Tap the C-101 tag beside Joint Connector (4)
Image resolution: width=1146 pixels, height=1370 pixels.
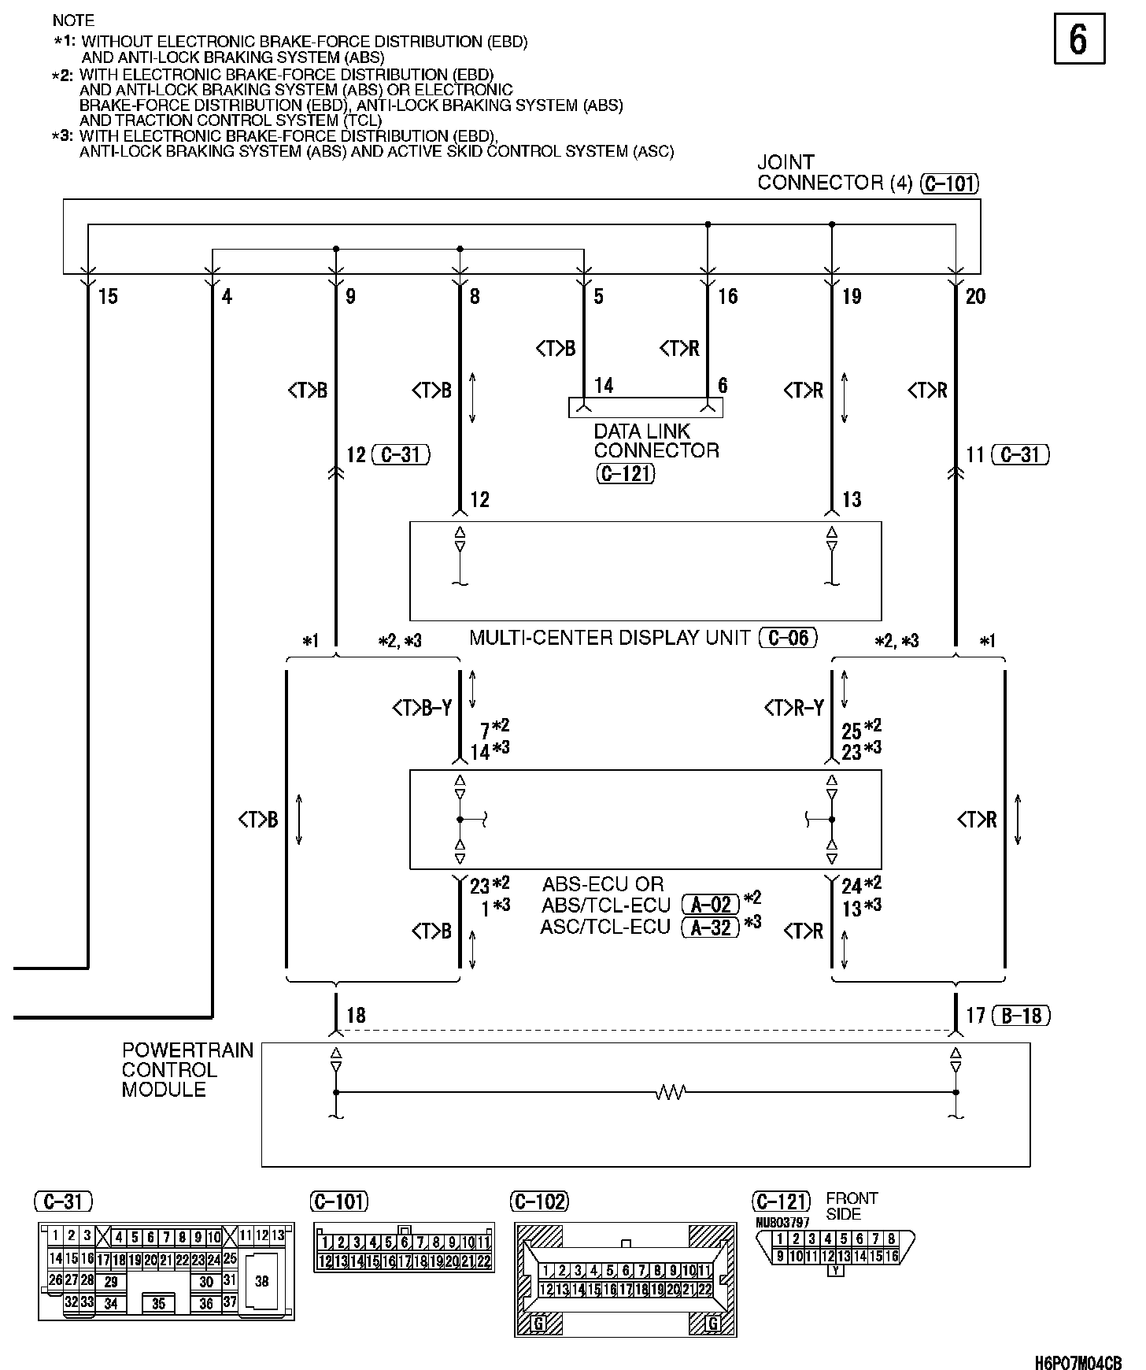click(948, 184)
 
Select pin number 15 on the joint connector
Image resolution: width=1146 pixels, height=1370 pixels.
click(108, 297)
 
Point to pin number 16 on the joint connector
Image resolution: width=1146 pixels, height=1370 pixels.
click(727, 297)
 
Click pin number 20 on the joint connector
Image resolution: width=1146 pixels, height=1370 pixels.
click(975, 297)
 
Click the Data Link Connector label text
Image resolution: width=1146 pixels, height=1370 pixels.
click(656, 441)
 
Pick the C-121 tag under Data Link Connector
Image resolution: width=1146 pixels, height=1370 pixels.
click(625, 474)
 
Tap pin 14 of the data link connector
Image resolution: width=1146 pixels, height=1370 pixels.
click(604, 386)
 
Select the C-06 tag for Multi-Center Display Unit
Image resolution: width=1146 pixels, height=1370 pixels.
click(788, 638)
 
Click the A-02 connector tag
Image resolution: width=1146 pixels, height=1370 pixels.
click(711, 905)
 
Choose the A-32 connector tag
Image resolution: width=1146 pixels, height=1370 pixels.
click(711, 928)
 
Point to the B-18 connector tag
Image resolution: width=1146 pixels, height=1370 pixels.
click(1021, 1016)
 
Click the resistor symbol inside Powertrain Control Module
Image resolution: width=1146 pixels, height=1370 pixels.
click(671, 1092)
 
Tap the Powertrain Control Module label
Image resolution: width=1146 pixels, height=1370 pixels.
click(187, 1070)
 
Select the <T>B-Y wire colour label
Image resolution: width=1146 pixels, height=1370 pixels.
click(422, 709)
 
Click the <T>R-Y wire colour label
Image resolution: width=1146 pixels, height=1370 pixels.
click(793, 709)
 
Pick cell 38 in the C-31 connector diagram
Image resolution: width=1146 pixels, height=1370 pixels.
click(262, 1281)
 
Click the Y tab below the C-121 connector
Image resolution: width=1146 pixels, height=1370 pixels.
click(836, 1270)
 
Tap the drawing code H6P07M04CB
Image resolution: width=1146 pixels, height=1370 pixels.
click(1078, 1362)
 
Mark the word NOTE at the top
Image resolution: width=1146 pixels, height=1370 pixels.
click(73, 20)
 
